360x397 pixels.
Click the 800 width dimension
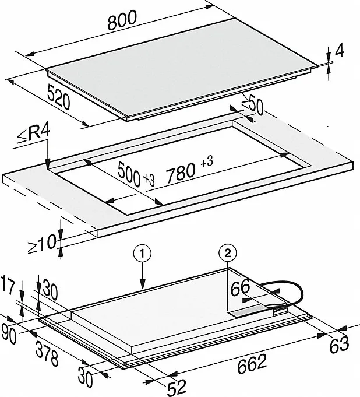[122, 20]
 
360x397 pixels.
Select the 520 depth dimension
[58, 97]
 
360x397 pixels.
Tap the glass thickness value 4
[340, 51]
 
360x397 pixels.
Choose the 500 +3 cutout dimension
[136, 174]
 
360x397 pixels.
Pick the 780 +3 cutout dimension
[189, 170]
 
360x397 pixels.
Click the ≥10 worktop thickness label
[42, 243]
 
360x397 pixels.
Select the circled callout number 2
[228, 253]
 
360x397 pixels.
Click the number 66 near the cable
[240, 287]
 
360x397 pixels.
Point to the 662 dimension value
[252, 364]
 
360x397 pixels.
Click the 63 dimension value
[340, 345]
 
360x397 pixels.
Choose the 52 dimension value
[177, 387]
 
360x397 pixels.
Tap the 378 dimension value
[47, 354]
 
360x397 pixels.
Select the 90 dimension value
[9, 334]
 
